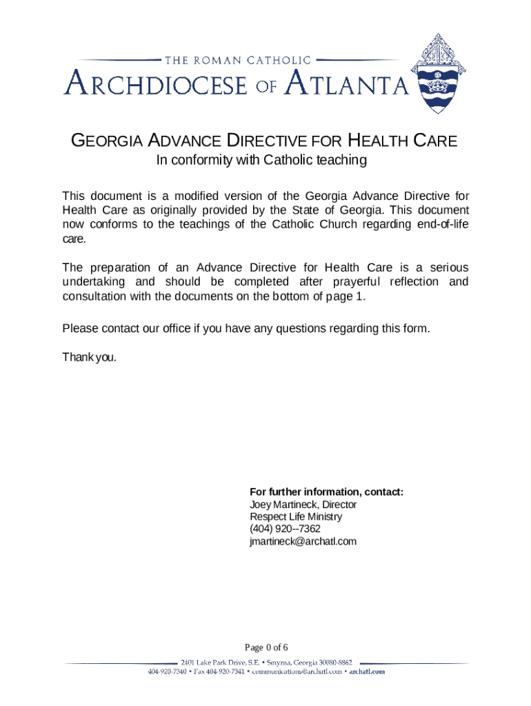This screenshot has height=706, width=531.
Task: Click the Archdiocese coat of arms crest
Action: pos(439,77)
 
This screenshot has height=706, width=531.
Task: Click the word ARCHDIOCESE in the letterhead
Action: pos(156,85)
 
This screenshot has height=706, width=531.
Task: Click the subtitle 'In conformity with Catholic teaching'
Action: pos(260,161)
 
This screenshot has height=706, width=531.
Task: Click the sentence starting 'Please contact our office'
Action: pos(246,328)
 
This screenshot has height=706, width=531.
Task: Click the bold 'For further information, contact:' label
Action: pos(326,492)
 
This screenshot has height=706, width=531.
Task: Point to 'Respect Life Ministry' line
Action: pos(295,517)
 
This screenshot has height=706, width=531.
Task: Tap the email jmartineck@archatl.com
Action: pos(303,541)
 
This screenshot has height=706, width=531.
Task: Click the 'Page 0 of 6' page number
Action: pos(266,647)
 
